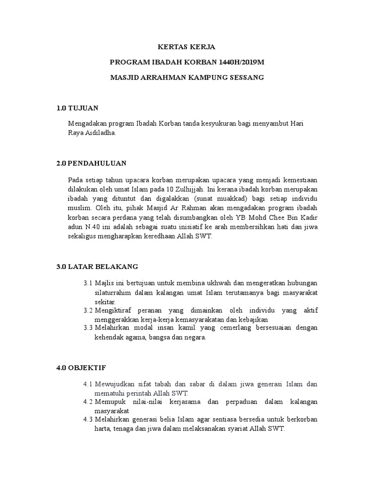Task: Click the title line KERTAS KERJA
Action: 187,47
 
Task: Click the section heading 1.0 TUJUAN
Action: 78,108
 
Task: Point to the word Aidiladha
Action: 102,133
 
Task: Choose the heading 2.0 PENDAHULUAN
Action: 92,163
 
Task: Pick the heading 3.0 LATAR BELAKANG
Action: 97,267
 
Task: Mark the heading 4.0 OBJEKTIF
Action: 81,367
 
